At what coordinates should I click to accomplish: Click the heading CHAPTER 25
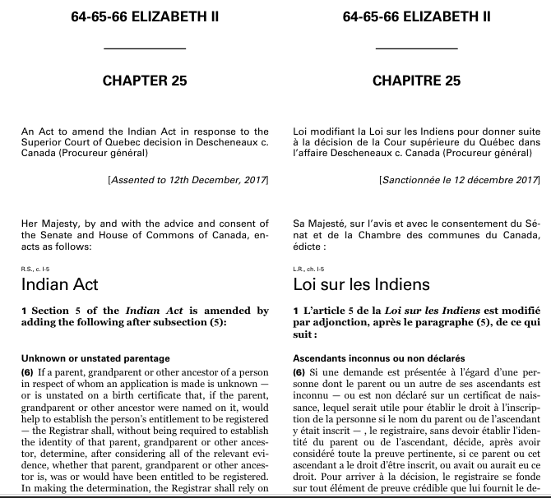tap(145, 81)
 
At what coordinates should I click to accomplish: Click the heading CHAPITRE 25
tap(416, 81)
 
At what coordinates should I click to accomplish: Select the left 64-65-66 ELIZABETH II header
tap(145, 16)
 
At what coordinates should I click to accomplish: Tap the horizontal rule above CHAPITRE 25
tap(416, 49)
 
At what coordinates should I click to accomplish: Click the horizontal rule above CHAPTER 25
tap(145, 49)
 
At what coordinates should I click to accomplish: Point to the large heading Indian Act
tap(60, 284)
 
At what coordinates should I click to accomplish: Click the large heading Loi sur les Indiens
tap(361, 284)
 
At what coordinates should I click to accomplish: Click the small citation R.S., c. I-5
tap(36, 268)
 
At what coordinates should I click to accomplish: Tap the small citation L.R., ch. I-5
tap(309, 268)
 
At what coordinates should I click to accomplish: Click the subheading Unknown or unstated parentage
tap(95, 358)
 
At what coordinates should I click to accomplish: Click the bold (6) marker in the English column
tap(28, 372)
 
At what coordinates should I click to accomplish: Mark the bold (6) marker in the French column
tap(299, 372)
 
